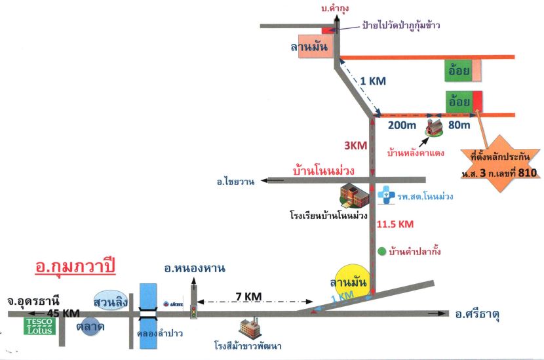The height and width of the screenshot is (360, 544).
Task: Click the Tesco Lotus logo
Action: (39, 326)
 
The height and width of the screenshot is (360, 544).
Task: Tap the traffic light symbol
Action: (193, 311)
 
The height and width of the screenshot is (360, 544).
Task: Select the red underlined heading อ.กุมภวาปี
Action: (75, 268)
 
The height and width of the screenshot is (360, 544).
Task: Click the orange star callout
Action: (500, 163)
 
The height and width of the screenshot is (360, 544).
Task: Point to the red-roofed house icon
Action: (435, 127)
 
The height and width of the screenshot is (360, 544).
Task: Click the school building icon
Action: (353, 196)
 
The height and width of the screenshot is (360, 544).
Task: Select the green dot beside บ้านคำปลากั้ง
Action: (381, 251)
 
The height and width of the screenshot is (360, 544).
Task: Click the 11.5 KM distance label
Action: (395, 224)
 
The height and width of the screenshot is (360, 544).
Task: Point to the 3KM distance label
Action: (356, 146)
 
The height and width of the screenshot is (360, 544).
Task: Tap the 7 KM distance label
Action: (248, 296)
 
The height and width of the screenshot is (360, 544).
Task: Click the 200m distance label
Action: (402, 125)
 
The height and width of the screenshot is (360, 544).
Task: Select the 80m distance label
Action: (459, 125)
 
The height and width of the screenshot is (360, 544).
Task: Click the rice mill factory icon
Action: (251, 329)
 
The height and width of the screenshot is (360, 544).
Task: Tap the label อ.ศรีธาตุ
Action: (477, 315)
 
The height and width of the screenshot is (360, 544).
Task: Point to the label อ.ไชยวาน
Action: (235, 181)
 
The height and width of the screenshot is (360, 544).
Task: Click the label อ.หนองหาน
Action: (195, 268)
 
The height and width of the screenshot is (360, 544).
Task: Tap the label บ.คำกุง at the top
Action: (335, 9)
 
